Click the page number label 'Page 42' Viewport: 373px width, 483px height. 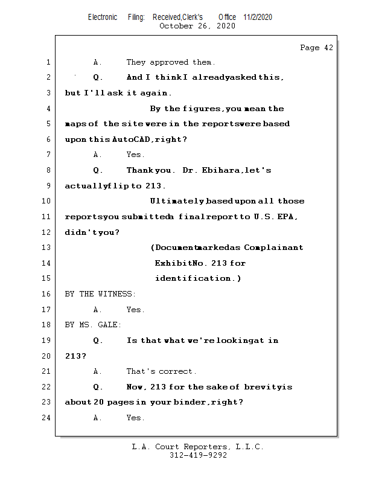pos(316,48)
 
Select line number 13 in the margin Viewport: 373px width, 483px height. pos(47,248)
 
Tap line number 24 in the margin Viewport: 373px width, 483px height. pos(47,418)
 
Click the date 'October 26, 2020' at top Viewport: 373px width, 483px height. pos(197,26)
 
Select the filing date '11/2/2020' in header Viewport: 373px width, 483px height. pos(258,17)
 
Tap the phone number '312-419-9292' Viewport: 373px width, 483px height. pos(198,455)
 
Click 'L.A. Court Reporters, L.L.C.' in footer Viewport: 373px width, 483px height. pos(198,447)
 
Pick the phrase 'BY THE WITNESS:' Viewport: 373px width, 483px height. pos(100,294)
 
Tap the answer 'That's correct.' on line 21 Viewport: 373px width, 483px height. pos(161,371)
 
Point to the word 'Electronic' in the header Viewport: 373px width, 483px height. pos(103,17)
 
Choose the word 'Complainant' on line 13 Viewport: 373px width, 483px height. pos(273,248)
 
